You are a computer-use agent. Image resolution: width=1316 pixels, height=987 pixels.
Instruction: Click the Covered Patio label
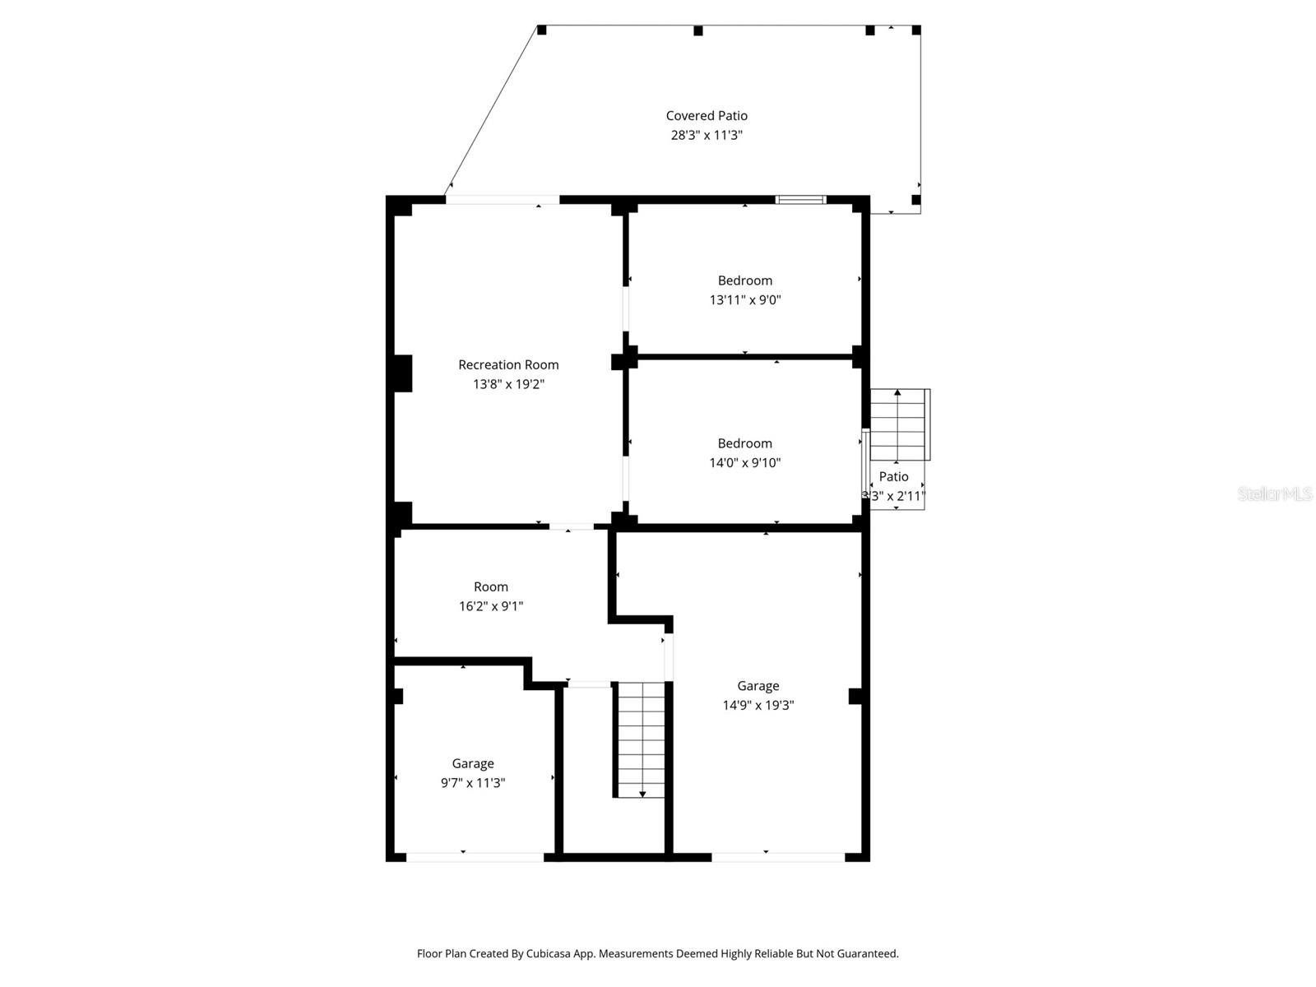click(x=707, y=116)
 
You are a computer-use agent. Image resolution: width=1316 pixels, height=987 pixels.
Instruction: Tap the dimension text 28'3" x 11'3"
click(x=707, y=136)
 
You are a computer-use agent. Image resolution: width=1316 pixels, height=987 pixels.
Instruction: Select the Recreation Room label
click(x=508, y=364)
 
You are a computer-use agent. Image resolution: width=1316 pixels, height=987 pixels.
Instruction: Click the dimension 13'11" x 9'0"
click(x=744, y=300)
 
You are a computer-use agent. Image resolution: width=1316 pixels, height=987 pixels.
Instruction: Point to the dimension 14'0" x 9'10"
click(x=744, y=463)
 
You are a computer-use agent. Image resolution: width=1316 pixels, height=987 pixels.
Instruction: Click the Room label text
click(x=491, y=587)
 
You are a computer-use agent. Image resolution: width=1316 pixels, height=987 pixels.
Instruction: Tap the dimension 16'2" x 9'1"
click(x=491, y=607)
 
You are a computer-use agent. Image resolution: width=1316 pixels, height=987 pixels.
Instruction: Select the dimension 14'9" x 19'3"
click(x=758, y=706)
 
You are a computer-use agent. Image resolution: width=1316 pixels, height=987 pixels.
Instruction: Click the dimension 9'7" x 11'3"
click(x=473, y=783)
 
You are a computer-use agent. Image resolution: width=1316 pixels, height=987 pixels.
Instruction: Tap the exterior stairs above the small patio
click(x=899, y=424)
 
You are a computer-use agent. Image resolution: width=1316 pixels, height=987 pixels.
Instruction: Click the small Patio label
click(x=893, y=477)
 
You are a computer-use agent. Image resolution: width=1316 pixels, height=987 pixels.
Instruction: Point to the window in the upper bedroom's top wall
click(x=801, y=200)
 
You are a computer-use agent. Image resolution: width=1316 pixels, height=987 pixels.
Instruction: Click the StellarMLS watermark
click(x=1274, y=494)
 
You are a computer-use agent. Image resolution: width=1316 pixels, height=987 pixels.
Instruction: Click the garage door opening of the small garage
click(x=475, y=857)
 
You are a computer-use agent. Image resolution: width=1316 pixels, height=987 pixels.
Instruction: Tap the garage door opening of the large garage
click(x=777, y=857)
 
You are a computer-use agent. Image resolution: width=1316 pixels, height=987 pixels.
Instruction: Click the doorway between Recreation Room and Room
click(x=571, y=526)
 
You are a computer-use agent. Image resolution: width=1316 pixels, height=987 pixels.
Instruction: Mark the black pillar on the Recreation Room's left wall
click(x=402, y=373)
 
